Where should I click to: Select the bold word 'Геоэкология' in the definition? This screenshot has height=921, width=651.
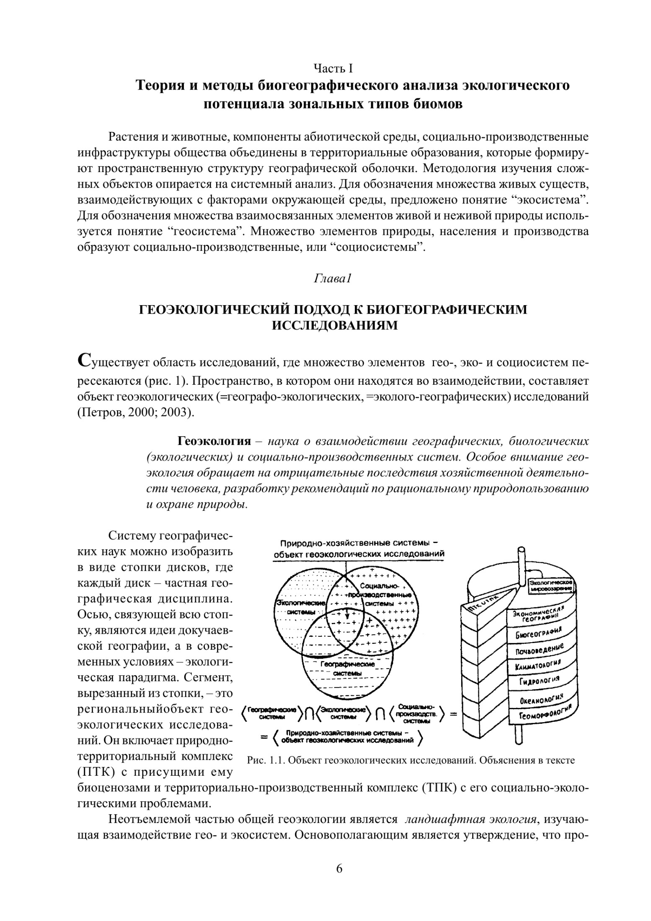pyautogui.click(x=214, y=441)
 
